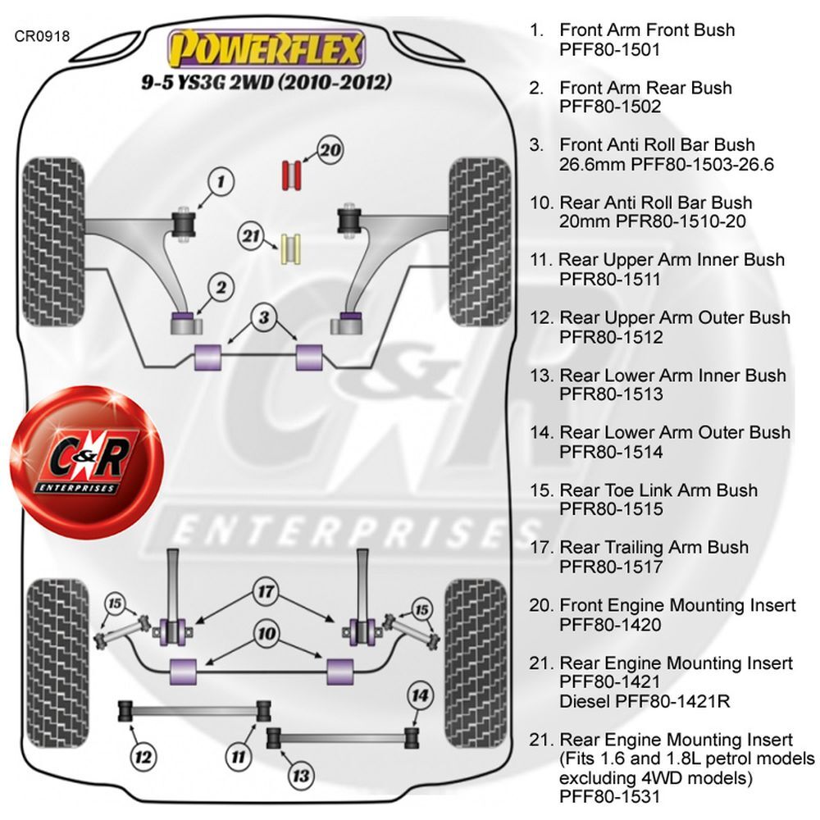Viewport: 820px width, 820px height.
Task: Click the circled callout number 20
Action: pyautogui.click(x=330, y=151)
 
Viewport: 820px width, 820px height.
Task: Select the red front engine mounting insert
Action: pyautogui.click(x=291, y=175)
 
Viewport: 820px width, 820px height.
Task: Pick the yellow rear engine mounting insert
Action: pyautogui.click(x=291, y=249)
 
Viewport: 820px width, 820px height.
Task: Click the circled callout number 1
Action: pyautogui.click(x=221, y=182)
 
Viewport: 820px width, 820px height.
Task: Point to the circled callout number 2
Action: pyautogui.click(x=221, y=288)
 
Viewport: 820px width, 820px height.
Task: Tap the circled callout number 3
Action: pyautogui.click(x=264, y=317)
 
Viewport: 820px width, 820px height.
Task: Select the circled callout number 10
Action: pyautogui.click(x=266, y=634)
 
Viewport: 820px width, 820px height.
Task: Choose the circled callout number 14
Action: pyautogui.click(x=420, y=695)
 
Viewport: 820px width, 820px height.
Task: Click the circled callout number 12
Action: pyautogui.click(x=143, y=757)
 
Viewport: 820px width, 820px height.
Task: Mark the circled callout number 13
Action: pyautogui.click(x=301, y=776)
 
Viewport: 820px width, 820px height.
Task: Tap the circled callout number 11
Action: pyautogui.click(x=239, y=757)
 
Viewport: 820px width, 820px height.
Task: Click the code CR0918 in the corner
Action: pyautogui.click(x=42, y=36)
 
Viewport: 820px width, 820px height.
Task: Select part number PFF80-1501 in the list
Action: pyautogui.click(x=610, y=50)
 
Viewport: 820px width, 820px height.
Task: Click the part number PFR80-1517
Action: pyautogui.click(x=611, y=567)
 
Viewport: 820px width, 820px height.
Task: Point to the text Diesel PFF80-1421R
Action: pyautogui.click(x=645, y=701)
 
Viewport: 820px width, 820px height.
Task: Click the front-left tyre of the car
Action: pyautogui.click(x=53, y=242)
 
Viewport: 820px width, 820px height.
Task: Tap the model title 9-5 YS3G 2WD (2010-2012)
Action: pyautogui.click(x=266, y=82)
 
